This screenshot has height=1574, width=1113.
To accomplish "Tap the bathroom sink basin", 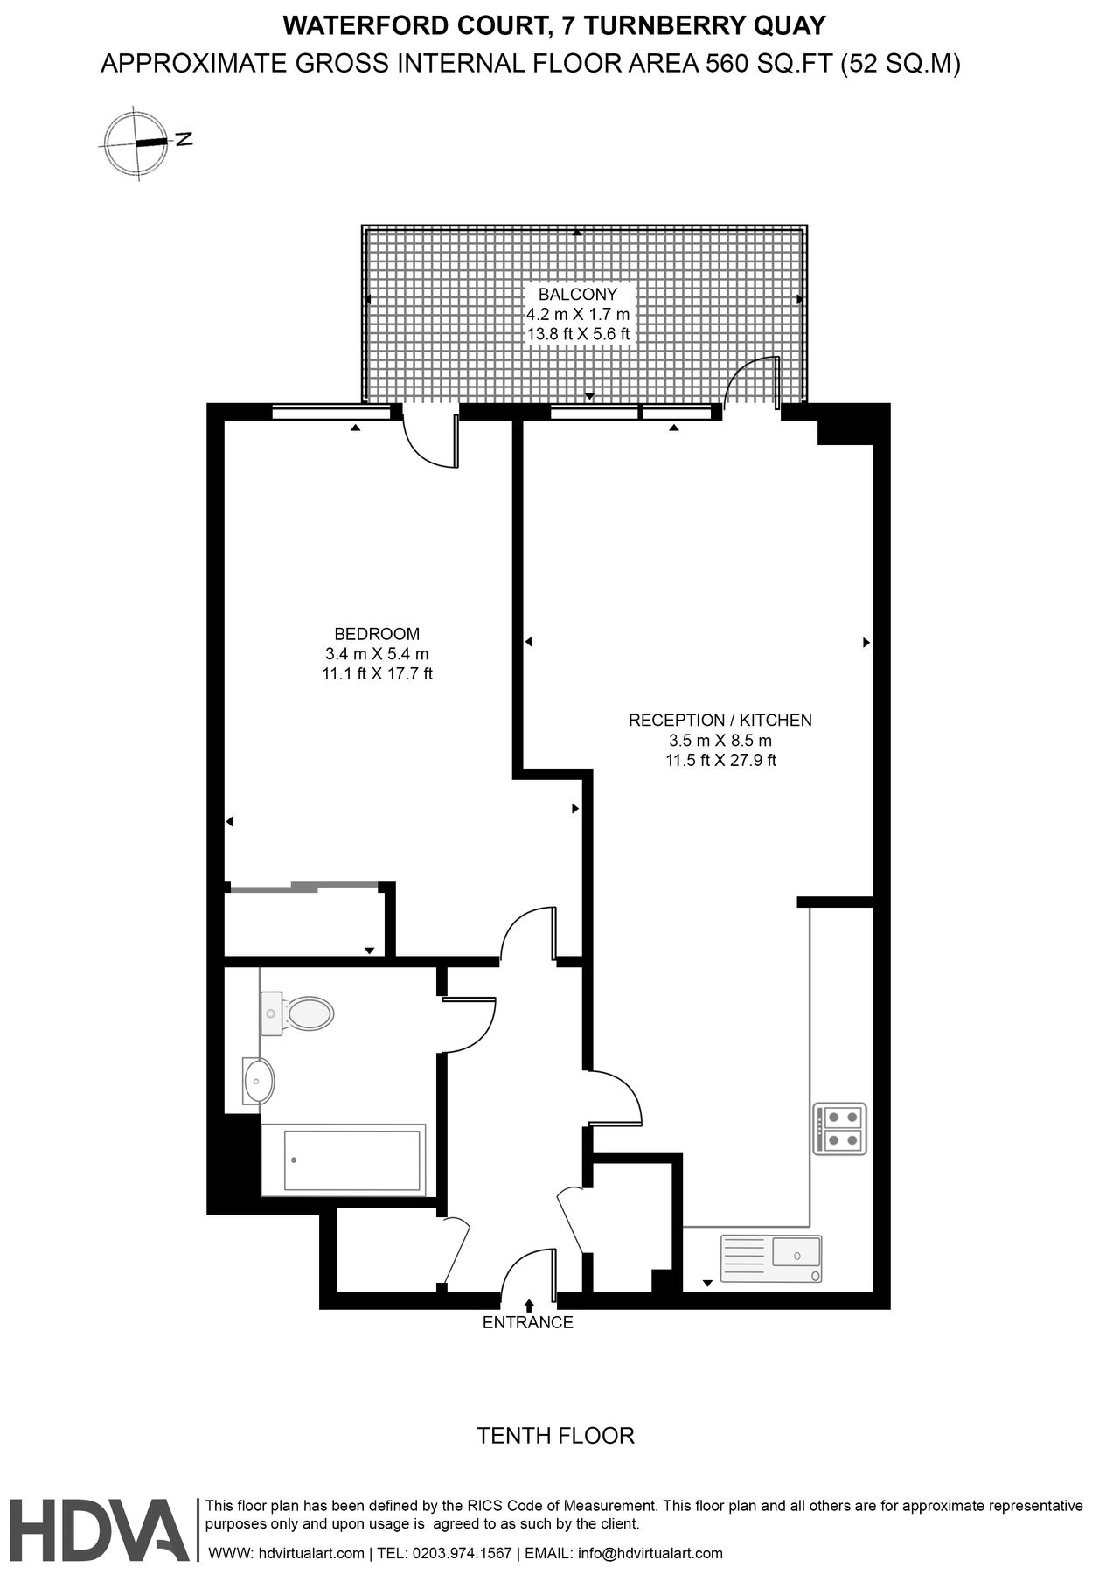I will [x=258, y=1082].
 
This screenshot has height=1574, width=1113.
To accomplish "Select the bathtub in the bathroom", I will [x=344, y=1160].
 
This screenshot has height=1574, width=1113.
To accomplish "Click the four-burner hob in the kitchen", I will [x=839, y=1128].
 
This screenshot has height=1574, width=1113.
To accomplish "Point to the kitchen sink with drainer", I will [x=770, y=1257].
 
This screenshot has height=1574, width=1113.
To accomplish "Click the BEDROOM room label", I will [x=377, y=634].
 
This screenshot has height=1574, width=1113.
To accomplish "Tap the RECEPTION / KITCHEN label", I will [x=720, y=721].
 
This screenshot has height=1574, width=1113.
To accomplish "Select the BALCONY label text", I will [x=578, y=295].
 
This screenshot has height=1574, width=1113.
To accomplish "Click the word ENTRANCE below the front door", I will [x=528, y=1323].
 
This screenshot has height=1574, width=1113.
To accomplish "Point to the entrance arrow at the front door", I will [x=529, y=1306].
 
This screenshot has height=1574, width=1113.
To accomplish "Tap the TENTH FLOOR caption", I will [x=555, y=1436].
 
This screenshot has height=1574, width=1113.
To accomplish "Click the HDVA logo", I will [x=98, y=1530].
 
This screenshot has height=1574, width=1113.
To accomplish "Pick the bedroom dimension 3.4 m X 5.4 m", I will [x=377, y=654].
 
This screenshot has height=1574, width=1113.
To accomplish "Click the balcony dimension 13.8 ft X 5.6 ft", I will [x=578, y=334].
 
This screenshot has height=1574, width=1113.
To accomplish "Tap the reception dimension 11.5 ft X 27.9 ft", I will [x=721, y=761].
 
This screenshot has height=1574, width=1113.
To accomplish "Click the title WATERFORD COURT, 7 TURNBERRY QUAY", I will [x=555, y=26].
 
